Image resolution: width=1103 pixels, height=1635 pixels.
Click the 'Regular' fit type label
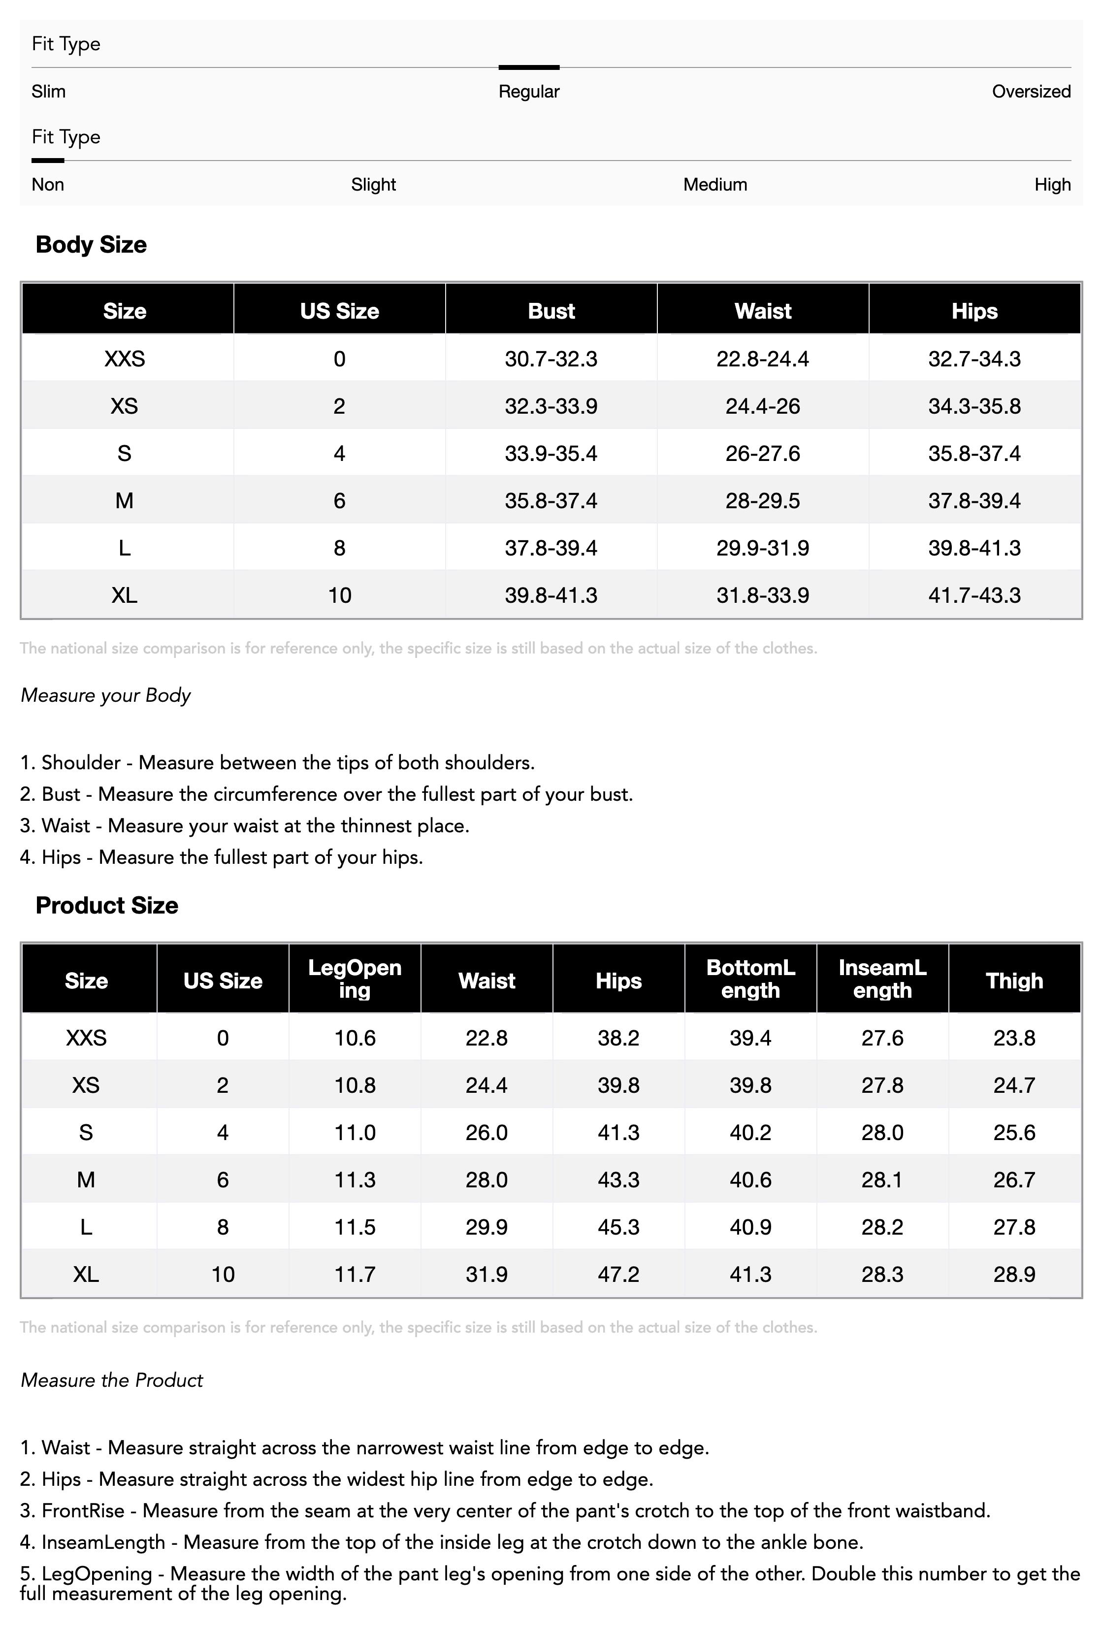[x=528, y=92]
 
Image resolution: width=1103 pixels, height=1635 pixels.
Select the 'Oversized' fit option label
[x=1031, y=92]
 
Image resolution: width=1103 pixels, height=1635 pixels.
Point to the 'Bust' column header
[x=551, y=311]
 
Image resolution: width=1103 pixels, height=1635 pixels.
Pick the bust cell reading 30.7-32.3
[x=551, y=359]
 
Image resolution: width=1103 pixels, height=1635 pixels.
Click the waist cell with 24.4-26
[x=763, y=406]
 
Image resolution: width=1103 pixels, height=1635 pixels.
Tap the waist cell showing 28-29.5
[x=763, y=501]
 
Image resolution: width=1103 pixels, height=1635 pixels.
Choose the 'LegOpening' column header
[x=355, y=979]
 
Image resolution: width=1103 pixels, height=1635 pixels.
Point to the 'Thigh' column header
[x=1014, y=981]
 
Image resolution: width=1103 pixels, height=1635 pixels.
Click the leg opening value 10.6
[x=355, y=1038]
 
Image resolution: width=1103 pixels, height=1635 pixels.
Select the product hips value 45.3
[x=618, y=1227]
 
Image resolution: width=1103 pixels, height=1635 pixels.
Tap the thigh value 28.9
[x=1014, y=1274]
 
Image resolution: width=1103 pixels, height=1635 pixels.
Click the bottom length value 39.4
[x=750, y=1038]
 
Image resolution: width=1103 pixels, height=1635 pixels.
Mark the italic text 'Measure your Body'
[x=105, y=695]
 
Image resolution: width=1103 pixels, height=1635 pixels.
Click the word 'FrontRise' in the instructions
[x=83, y=1510]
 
